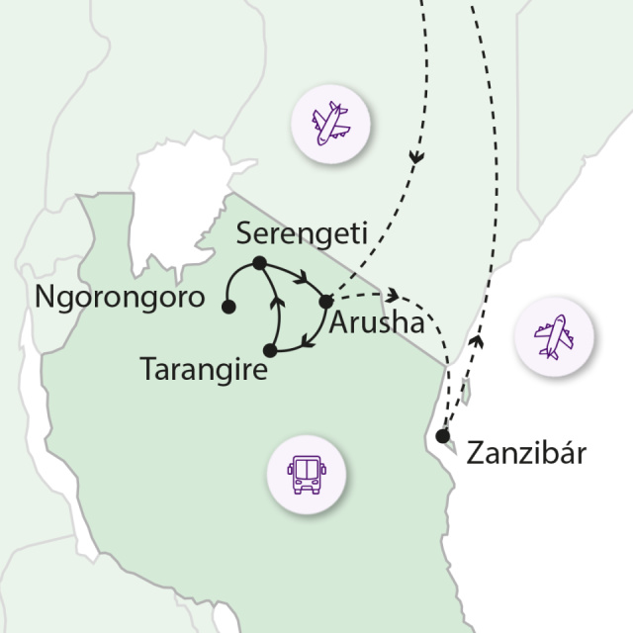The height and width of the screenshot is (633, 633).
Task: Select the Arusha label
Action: [377, 323]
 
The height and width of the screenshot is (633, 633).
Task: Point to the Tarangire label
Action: [205, 372]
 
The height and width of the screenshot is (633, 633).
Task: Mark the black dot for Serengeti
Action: [259, 263]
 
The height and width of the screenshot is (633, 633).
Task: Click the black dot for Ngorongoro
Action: [228, 308]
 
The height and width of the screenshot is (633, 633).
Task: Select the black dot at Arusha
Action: [326, 301]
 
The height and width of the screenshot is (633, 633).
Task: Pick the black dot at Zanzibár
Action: [443, 435]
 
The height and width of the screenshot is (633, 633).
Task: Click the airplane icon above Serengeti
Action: [330, 127]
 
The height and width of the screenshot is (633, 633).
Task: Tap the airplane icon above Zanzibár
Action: [554, 336]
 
